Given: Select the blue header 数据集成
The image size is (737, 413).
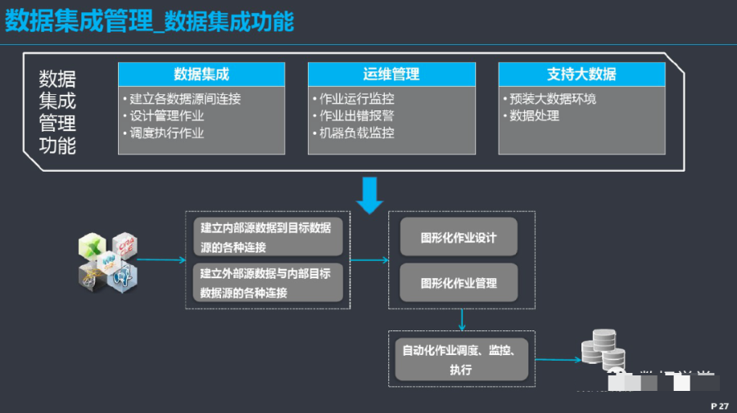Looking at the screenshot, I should point(201,74).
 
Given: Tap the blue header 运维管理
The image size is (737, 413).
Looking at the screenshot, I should point(391,74).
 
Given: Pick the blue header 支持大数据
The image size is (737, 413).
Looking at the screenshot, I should point(581,74).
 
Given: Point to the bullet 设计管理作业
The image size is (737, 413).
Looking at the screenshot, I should point(167,116).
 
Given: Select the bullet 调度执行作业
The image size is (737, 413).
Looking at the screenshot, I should point(167,133).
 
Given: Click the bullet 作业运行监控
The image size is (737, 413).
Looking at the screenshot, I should point(357,99).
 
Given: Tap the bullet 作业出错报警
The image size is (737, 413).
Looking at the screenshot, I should point(357,116).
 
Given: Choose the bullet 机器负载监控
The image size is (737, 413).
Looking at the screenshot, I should point(357,133).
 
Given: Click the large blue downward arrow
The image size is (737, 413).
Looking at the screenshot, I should point(369,195).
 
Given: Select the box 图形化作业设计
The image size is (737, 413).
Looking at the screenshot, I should point(459,238).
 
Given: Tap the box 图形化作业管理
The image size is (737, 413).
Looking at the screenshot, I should point(459,283).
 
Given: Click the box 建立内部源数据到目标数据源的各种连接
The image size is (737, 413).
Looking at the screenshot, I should point(268,237).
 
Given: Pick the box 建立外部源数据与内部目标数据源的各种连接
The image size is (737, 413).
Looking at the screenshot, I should point(268,283).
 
